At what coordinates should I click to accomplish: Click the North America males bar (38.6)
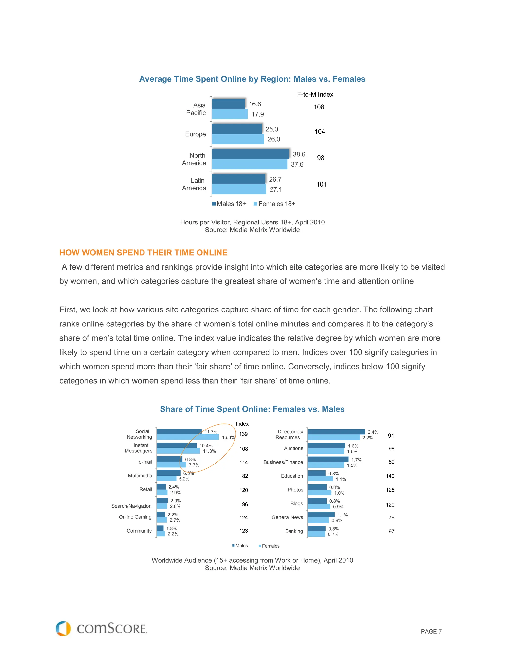(250, 154)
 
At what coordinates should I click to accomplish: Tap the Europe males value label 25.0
(272, 129)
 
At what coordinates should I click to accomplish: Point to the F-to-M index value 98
(320, 158)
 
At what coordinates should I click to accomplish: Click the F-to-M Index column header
(315, 94)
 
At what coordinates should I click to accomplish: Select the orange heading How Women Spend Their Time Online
(143, 253)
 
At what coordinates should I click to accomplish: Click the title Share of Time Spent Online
(252, 409)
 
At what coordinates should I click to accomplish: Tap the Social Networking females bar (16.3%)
(188, 437)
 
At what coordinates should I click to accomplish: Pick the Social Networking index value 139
(243, 434)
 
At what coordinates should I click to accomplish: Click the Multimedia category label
(140, 475)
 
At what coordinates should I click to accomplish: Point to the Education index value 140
(390, 476)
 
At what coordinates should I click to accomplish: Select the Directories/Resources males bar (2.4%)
(336, 432)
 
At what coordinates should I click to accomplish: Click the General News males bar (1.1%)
(321, 515)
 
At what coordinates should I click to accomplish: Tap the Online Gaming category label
(135, 517)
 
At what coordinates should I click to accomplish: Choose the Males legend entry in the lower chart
(240, 546)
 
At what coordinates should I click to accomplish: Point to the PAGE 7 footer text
(431, 632)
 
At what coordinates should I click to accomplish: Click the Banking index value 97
(391, 531)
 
